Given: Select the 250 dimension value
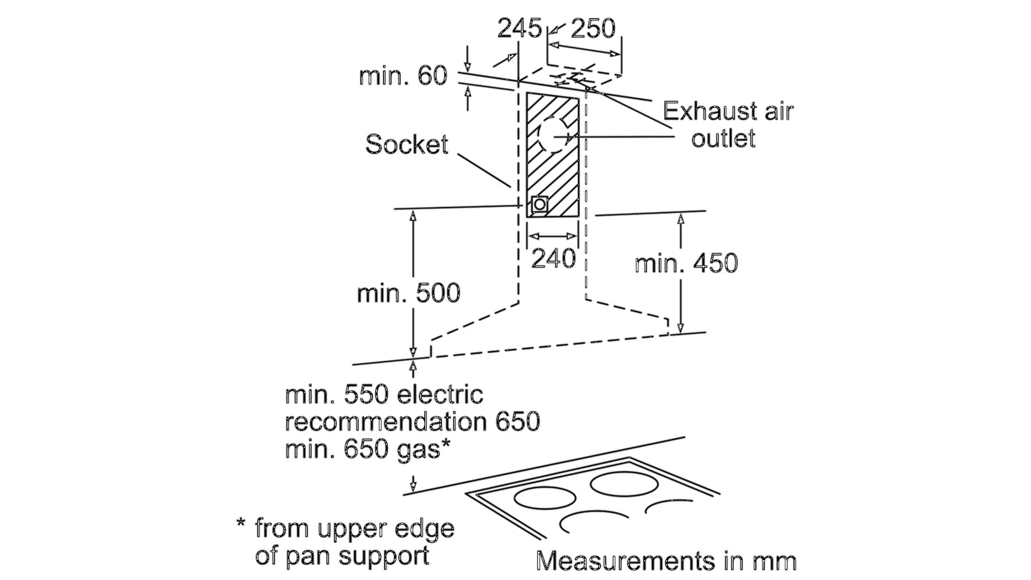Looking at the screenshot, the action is click(593, 29).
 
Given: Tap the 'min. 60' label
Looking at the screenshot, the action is click(403, 76).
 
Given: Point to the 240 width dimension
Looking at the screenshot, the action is click(553, 259).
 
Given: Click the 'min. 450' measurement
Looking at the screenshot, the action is click(686, 263).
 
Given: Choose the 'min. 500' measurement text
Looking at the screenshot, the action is click(409, 292).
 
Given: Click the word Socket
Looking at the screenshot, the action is click(407, 145).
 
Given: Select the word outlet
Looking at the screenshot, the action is click(723, 138).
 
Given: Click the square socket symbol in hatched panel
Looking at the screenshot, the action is click(539, 204).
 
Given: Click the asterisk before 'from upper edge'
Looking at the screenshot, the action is click(240, 524).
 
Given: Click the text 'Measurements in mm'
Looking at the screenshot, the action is click(666, 561).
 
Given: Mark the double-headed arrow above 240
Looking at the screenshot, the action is click(552, 236).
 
